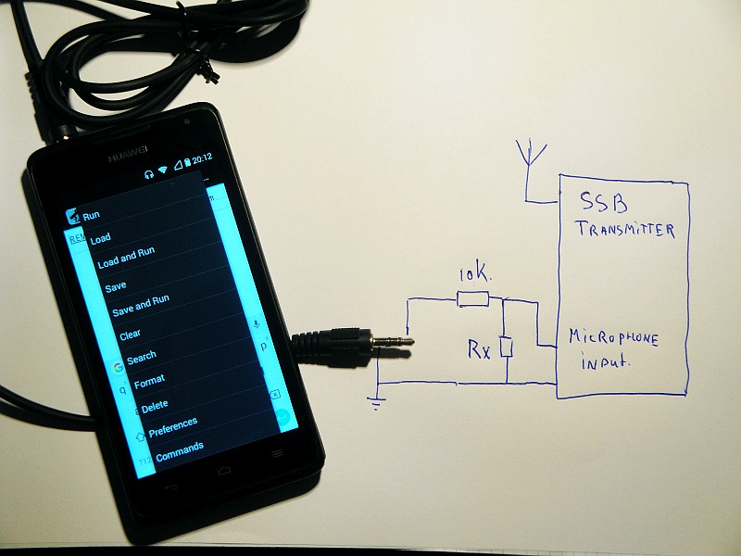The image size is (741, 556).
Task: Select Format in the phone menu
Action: tap(149, 380)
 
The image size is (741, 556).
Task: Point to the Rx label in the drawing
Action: tap(478, 350)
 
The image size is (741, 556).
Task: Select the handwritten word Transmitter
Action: tap(624, 230)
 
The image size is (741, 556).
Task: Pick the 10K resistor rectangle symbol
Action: tap(472, 297)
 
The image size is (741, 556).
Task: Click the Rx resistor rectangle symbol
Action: tap(505, 347)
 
